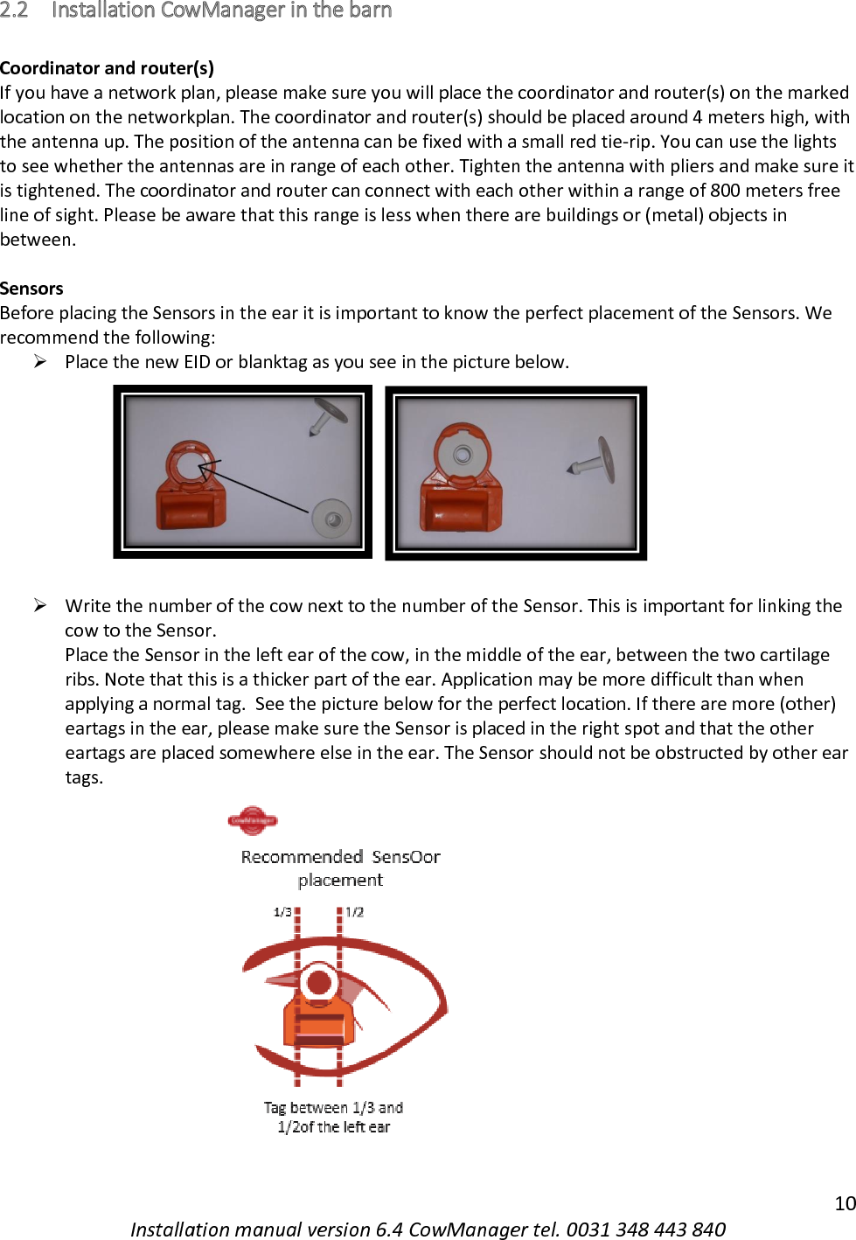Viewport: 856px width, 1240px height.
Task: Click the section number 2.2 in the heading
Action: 14,10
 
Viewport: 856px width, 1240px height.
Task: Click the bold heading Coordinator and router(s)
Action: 107,68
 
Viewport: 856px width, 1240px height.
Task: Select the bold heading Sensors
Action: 31,289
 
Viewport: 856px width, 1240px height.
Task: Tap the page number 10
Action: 845,1203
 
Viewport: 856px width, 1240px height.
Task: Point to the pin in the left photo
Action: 325,414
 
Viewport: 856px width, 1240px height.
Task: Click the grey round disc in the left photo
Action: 331,519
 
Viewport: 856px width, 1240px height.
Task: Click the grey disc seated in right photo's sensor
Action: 463,454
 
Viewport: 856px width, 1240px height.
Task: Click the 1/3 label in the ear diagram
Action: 282,912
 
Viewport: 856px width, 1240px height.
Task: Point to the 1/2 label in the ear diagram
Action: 354,912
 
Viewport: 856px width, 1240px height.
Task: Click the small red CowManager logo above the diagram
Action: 252,820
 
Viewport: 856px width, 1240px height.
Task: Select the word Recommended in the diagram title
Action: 302,857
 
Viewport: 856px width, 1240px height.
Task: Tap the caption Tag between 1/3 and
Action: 333,1108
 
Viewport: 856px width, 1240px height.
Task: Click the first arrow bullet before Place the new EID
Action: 40,362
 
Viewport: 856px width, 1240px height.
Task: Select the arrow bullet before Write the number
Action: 40,605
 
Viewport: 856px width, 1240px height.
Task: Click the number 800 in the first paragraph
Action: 725,191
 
